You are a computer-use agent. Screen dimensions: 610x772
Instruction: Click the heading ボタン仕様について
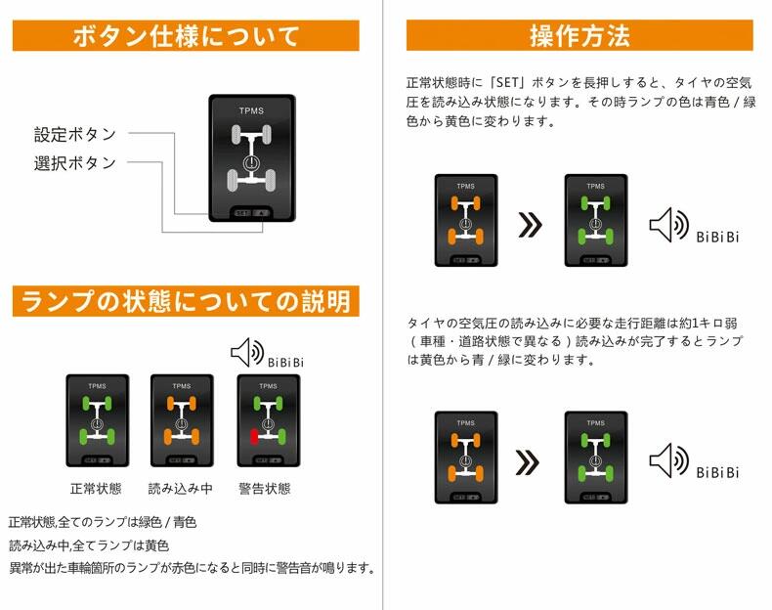pos(186,37)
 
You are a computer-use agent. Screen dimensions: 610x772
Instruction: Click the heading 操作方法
pos(579,36)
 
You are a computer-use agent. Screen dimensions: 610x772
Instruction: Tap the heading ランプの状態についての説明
pos(186,301)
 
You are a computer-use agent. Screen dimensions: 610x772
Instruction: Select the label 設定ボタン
pos(75,134)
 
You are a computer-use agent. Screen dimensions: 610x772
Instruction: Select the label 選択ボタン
pos(75,162)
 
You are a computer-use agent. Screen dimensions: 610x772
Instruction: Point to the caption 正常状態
pos(96,488)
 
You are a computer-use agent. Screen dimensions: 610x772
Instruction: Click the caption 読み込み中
pos(180,488)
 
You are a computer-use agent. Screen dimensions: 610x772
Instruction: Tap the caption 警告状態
pos(265,488)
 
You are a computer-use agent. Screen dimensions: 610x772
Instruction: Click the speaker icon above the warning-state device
pos(246,352)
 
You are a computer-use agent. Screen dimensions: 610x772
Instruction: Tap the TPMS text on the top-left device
pos(251,111)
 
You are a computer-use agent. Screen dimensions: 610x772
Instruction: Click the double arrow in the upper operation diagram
pos(530,225)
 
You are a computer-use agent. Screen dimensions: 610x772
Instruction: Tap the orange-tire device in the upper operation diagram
pos(465,221)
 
